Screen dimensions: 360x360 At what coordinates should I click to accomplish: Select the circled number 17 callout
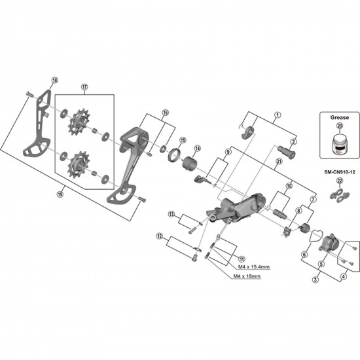(84, 87)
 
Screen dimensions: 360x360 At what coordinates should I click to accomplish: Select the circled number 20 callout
(339, 128)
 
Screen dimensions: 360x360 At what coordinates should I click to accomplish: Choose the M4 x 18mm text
(247, 277)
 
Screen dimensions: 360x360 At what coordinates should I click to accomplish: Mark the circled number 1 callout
(277, 115)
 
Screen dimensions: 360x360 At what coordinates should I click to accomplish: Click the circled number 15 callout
(183, 139)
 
